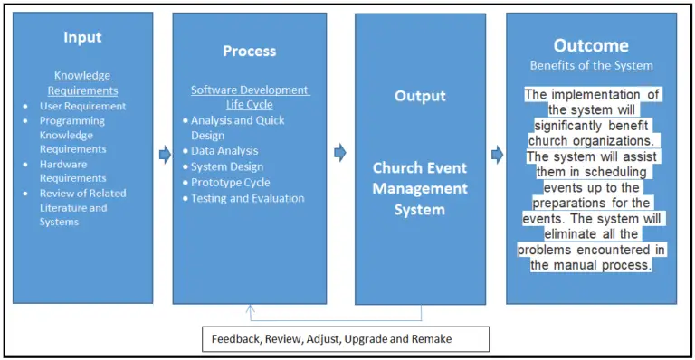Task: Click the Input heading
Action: [x=82, y=37]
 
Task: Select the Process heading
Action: [x=249, y=51]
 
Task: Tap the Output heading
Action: [x=420, y=96]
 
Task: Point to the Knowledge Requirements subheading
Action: [x=83, y=84]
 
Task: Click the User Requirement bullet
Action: [x=82, y=106]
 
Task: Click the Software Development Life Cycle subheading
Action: [x=250, y=97]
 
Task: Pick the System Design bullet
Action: [x=227, y=166]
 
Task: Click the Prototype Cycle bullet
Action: [x=230, y=182]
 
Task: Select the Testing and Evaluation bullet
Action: [x=247, y=198]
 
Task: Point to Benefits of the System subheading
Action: [x=591, y=65]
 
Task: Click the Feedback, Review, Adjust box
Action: [x=345, y=338]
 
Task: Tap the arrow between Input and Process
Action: [x=165, y=155]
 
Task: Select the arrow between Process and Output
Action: [x=340, y=153]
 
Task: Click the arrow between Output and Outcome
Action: [x=495, y=153]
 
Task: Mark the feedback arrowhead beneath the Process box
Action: [x=250, y=308]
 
